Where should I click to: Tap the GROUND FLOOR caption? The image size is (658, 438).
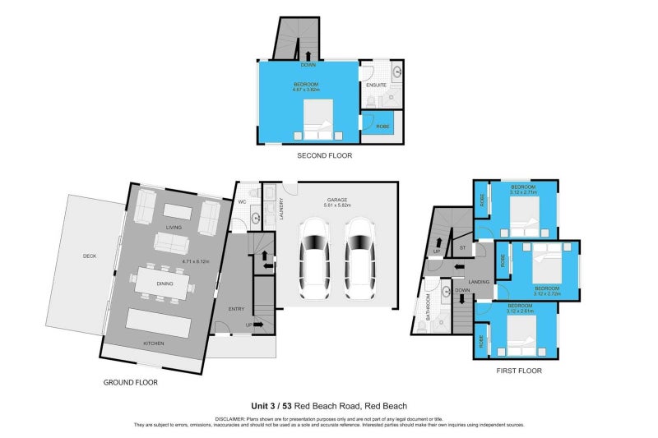(130, 382)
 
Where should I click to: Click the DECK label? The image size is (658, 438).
(90, 256)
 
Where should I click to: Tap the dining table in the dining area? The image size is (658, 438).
(164, 284)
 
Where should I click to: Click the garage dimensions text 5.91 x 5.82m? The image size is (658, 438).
(338, 205)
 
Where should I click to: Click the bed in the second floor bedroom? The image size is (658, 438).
(314, 121)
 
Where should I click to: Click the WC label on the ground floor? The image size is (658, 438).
(243, 201)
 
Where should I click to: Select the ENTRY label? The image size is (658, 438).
(237, 308)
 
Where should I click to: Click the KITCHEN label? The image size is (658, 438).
(154, 343)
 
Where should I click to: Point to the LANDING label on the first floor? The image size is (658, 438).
(480, 282)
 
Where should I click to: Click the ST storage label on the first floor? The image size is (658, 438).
(462, 247)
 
